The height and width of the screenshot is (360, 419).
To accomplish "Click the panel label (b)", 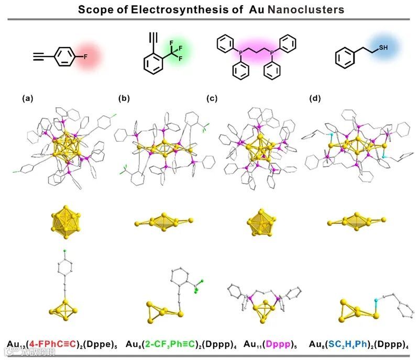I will click(124, 98).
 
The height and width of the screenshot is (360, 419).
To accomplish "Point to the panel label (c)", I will click(212, 98).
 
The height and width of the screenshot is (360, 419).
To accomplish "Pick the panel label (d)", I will click(315, 98).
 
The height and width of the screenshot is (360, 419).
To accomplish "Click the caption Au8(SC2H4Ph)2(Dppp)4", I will click(358, 344).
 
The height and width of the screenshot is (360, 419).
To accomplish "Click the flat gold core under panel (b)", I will click(163, 220).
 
